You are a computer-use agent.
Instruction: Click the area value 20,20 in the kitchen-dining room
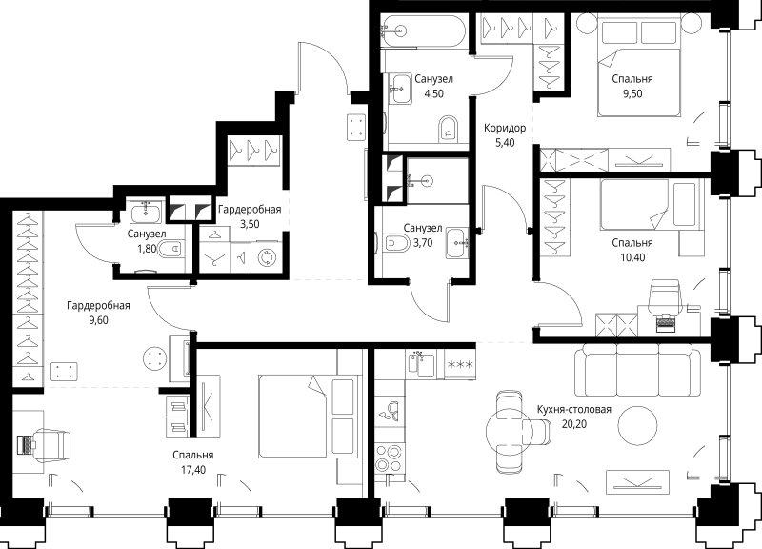[574, 424]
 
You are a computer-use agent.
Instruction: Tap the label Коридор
[505, 128]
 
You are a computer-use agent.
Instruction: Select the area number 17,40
[193, 470]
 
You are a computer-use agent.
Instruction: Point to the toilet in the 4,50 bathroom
[448, 129]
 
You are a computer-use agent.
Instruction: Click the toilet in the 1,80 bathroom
[170, 249]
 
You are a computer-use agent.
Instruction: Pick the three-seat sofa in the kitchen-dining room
[637, 370]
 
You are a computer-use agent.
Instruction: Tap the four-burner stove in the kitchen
[390, 458]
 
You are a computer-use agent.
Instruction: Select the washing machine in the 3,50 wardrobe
[267, 257]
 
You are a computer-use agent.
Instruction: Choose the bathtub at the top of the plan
[423, 30]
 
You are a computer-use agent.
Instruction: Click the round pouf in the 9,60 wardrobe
[155, 358]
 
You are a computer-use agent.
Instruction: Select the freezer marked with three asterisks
[460, 364]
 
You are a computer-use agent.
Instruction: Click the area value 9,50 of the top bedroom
[632, 93]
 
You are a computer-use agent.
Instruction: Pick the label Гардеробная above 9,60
[99, 305]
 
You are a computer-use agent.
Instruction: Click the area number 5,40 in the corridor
[505, 142]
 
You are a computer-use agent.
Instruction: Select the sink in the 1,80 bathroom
[146, 212]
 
